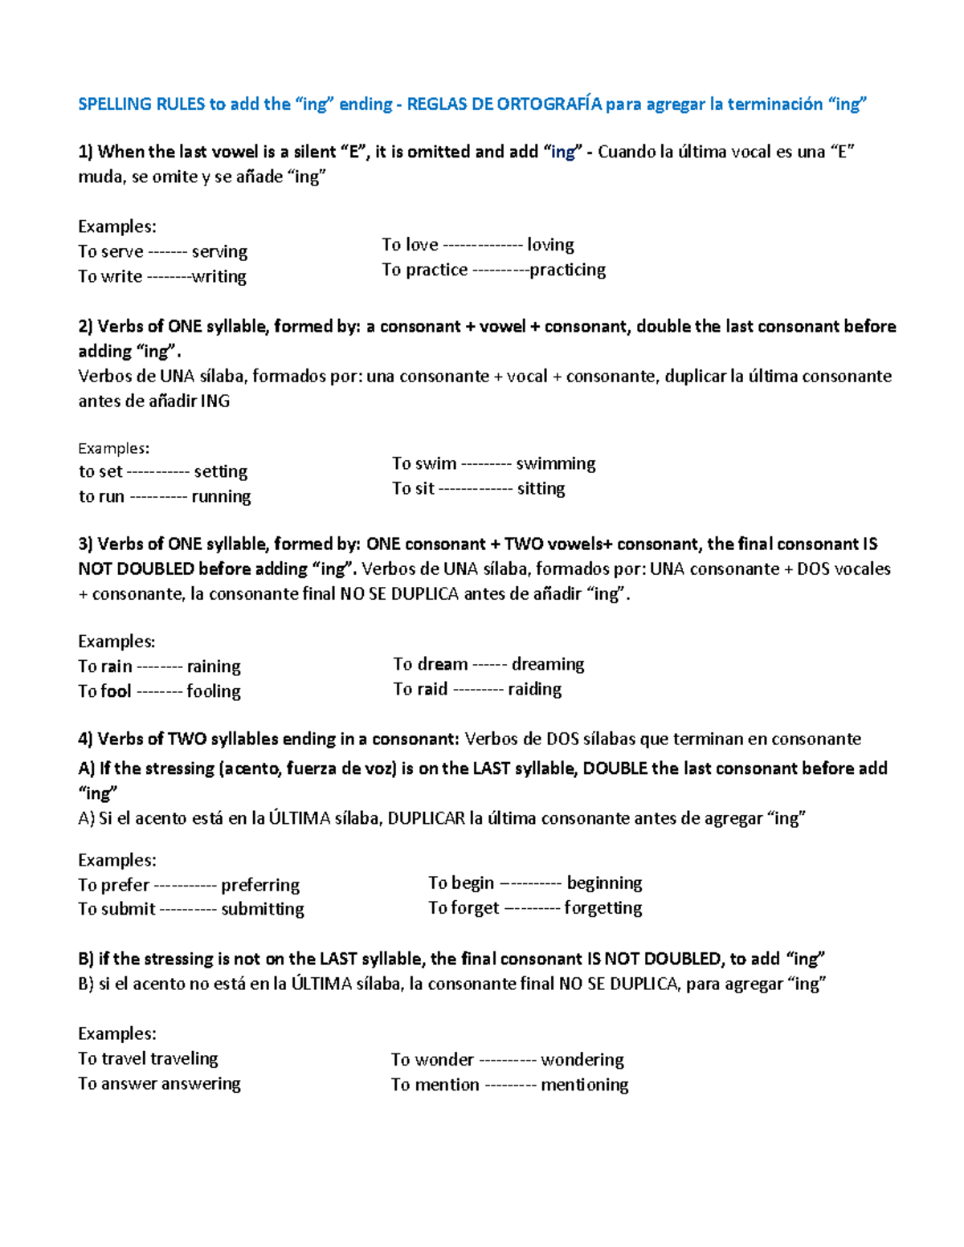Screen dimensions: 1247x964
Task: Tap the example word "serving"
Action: click(219, 251)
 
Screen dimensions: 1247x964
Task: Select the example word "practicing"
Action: click(567, 270)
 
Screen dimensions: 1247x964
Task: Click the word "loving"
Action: click(550, 245)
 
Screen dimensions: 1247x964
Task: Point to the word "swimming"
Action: click(555, 463)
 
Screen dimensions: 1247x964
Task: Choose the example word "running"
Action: click(221, 496)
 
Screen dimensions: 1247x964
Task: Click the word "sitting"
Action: click(541, 488)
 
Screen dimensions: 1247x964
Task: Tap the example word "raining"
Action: click(214, 666)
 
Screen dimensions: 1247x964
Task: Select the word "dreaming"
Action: click(548, 664)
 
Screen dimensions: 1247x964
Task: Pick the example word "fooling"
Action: click(214, 691)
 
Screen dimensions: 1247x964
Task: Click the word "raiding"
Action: click(534, 689)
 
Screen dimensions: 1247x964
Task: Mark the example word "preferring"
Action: click(260, 885)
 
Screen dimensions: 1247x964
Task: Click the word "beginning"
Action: click(604, 883)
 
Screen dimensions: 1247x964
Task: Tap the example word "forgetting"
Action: click(602, 908)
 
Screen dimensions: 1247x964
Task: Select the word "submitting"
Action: click(263, 909)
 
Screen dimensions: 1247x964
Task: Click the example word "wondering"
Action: click(582, 1060)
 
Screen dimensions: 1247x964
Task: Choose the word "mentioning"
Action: click(584, 1085)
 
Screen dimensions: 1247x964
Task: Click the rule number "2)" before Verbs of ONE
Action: click(86, 327)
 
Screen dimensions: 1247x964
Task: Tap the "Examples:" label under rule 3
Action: click(116, 642)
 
